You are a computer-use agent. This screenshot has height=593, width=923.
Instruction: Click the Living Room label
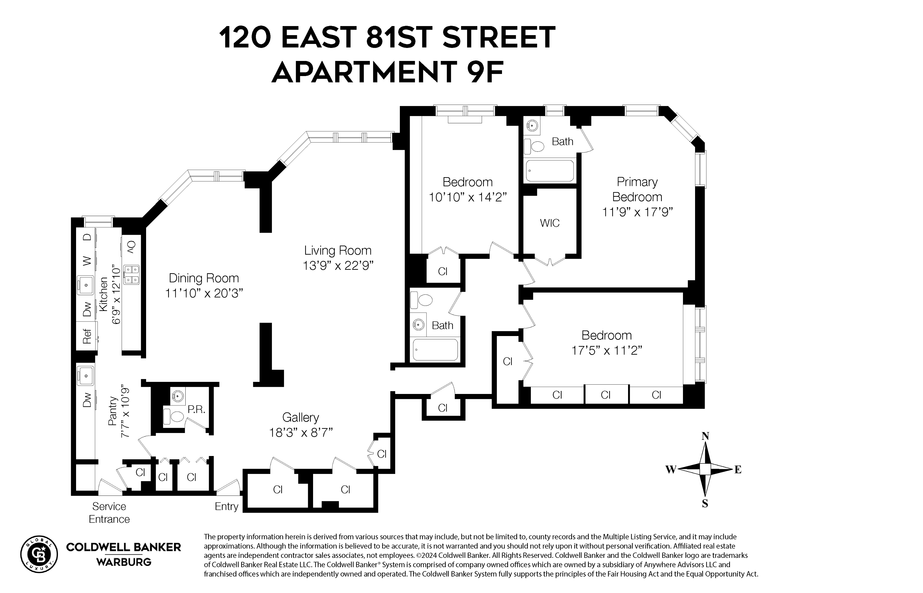point(338,251)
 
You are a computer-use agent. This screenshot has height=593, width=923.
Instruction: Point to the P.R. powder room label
point(196,410)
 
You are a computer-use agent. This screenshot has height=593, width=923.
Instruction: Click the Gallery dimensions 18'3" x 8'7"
point(300,433)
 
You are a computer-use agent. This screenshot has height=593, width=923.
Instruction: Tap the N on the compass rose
point(705,436)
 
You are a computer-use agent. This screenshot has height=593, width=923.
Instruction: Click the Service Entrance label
point(109,513)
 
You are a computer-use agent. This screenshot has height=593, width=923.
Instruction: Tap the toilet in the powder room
point(174,416)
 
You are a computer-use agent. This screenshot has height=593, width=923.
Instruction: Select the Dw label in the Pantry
point(87,400)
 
